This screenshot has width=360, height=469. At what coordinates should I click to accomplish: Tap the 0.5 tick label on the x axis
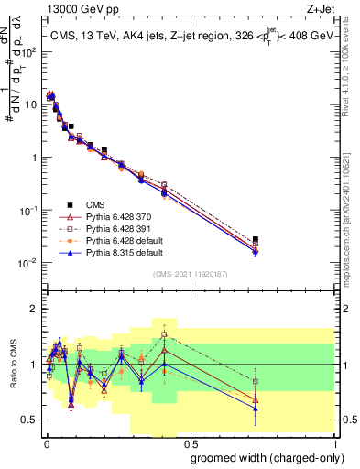(188, 442)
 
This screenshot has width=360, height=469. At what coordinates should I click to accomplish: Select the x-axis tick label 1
(333, 442)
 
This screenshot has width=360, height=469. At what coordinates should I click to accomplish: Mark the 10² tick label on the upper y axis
(29, 51)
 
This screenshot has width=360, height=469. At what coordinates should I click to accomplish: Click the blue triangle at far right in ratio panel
(255, 408)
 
